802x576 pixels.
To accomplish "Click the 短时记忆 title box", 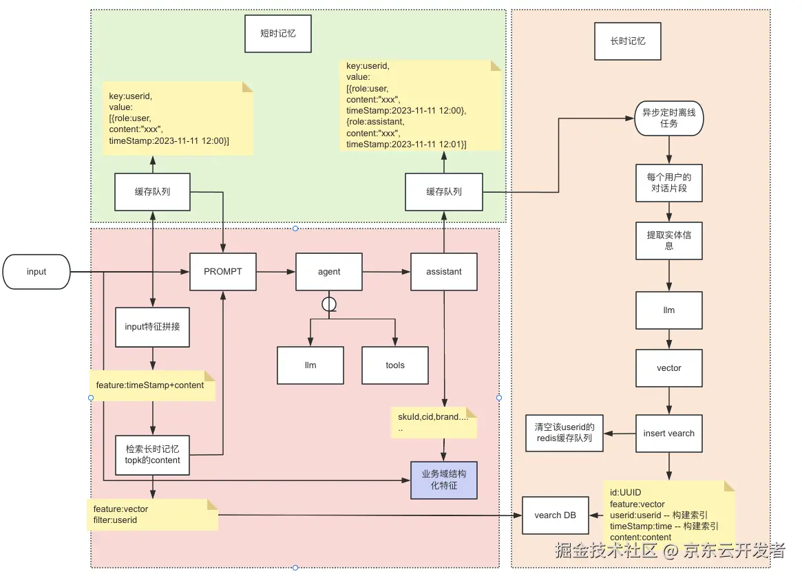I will (x=278, y=32).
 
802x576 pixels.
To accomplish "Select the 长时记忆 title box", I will (x=628, y=41).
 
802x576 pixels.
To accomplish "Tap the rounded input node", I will (x=36, y=272).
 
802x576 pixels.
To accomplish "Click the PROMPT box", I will (x=223, y=272).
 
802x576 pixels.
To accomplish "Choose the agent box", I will (x=329, y=272).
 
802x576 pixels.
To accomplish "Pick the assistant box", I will (x=443, y=272).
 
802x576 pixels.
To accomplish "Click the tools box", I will (x=395, y=365).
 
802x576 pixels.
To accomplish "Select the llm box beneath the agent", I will (x=310, y=365).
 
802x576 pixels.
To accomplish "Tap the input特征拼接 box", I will (x=152, y=327).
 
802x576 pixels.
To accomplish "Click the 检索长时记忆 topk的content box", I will (x=152, y=454).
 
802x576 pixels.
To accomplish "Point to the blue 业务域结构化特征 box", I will (x=443, y=480).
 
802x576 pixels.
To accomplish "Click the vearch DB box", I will (x=556, y=515).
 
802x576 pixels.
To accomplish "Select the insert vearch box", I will (x=668, y=434).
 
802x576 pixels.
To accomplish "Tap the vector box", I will (x=668, y=368).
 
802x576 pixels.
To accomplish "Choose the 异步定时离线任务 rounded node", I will (x=668, y=118).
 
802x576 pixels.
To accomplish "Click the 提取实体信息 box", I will (x=668, y=240).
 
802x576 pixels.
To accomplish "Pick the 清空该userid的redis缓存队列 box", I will (x=564, y=433).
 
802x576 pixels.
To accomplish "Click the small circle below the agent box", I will (x=329, y=303).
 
